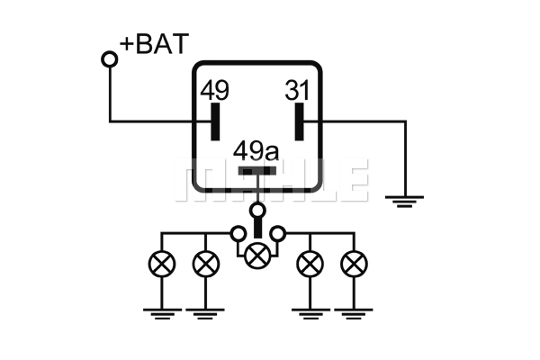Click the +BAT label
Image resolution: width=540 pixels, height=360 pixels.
pyautogui.click(x=154, y=44)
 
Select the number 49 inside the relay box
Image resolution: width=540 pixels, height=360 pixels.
pyautogui.click(x=214, y=90)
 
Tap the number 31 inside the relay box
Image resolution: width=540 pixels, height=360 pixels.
pyautogui.click(x=297, y=90)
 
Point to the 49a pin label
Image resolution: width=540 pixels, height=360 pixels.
pyautogui.click(x=256, y=151)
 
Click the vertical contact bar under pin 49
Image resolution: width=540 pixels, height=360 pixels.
pyautogui.click(x=215, y=121)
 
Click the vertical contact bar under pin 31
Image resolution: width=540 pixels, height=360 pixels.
pyautogui.click(x=300, y=121)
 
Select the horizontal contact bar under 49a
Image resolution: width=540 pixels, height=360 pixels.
pyautogui.click(x=257, y=170)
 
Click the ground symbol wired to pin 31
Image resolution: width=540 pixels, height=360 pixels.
pyautogui.click(x=405, y=202)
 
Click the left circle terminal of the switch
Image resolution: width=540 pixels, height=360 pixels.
pyautogui.click(x=238, y=234)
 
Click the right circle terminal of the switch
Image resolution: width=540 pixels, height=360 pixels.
pyautogui.click(x=277, y=234)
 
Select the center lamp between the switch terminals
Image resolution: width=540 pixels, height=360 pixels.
pyautogui.click(x=257, y=256)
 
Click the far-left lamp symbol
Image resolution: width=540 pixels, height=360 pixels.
pyautogui.click(x=162, y=264)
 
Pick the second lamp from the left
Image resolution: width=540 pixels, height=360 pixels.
pyautogui.click(x=205, y=264)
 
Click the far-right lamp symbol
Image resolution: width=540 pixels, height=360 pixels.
pyautogui.click(x=354, y=264)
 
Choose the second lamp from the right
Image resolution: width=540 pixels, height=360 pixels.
pyautogui.click(x=310, y=264)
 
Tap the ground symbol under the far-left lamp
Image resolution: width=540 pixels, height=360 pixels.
pyautogui.click(x=162, y=314)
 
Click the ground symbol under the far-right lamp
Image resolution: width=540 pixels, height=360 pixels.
pyautogui.click(x=354, y=314)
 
